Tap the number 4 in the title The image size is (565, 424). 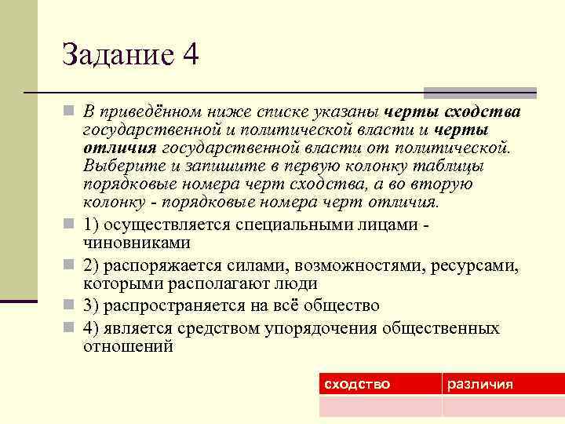190,55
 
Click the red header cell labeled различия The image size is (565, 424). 480,384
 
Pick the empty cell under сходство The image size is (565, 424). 380,406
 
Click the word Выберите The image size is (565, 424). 119,166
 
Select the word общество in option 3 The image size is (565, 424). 338,305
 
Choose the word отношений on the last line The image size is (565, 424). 128,345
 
